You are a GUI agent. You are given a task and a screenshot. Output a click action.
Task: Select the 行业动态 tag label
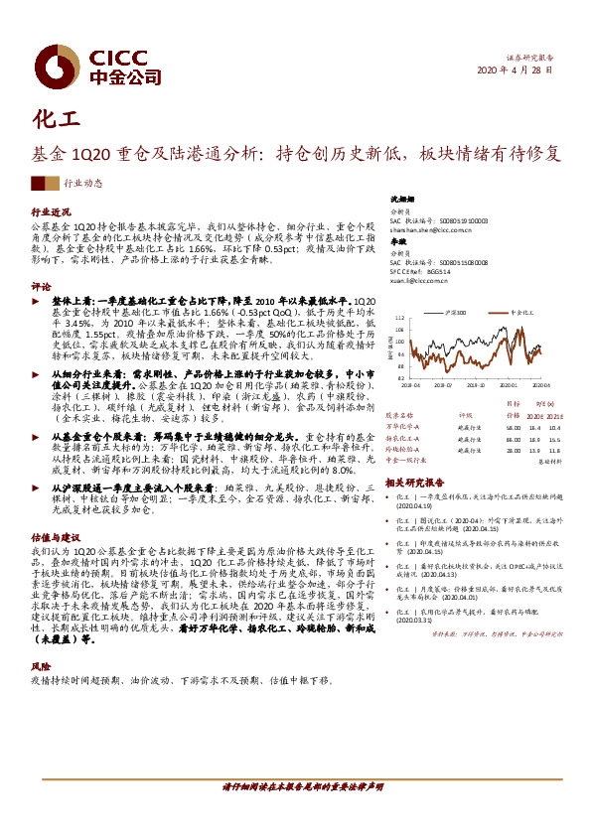[x=82, y=184]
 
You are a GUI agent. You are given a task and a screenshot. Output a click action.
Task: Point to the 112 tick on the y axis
[x=398, y=319]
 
